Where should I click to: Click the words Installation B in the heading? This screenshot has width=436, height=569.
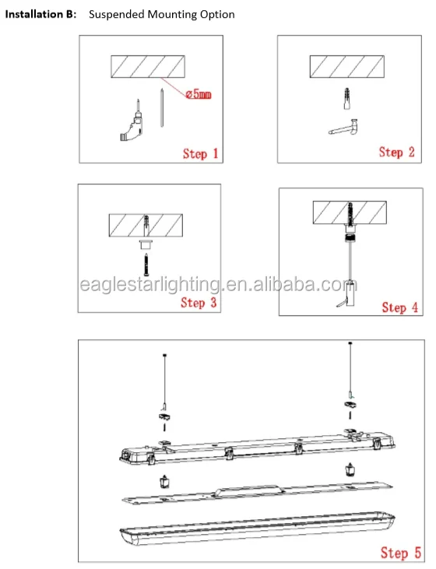(40, 14)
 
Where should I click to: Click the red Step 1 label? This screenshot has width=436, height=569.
(200, 154)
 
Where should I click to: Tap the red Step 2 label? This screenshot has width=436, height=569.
(396, 152)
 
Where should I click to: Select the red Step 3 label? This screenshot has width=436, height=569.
(199, 302)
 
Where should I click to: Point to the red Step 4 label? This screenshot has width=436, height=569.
(399, 307)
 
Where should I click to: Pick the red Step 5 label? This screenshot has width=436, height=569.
(401, 553)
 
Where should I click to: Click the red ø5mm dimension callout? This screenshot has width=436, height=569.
(199, 94)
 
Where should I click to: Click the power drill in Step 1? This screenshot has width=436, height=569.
(132, 121)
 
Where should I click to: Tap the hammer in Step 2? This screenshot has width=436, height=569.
(343, 128)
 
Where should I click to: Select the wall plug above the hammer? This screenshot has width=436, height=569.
(347, 98)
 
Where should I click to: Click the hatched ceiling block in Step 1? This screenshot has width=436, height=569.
(148, 66)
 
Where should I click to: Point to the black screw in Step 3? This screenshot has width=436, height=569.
(146, 265)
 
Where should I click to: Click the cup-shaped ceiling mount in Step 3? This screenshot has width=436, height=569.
(146, 244)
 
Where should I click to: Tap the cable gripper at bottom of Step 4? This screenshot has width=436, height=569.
(350, 294)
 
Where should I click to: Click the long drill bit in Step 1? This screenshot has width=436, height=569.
(161, 107)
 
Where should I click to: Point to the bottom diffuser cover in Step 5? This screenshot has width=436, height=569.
(257, 529)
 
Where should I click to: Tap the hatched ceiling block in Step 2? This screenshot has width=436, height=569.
(347, 66)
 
